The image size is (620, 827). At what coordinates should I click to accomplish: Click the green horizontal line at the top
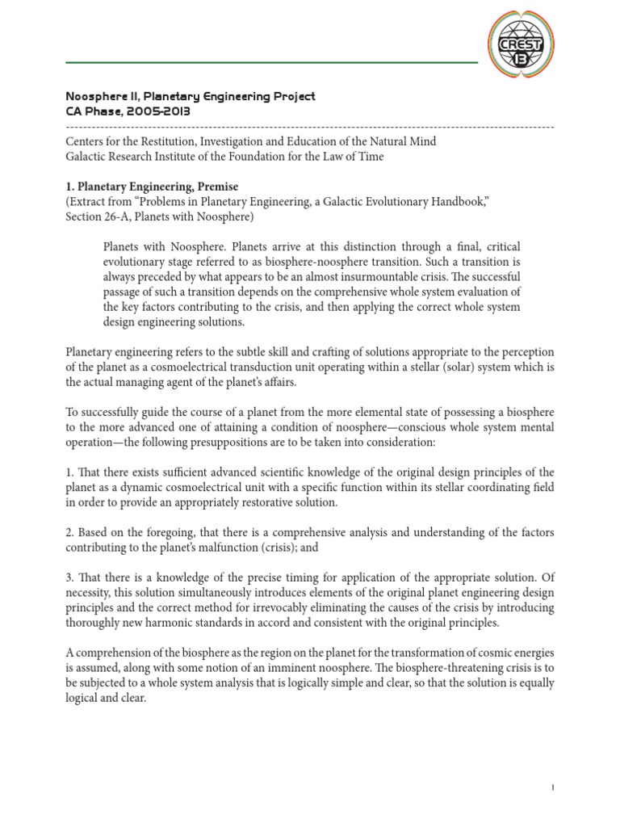pyautogui.click(x=270, y=62)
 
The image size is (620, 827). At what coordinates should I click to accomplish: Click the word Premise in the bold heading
pyautogui.click(x=212, y=187)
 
